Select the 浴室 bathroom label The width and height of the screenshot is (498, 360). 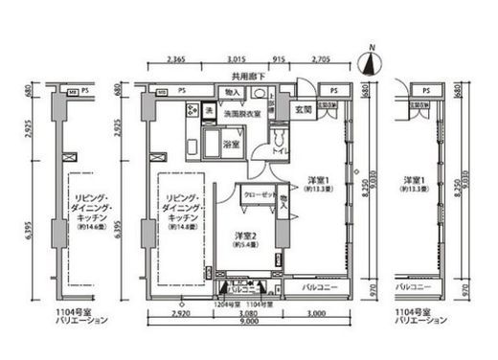[231, 145]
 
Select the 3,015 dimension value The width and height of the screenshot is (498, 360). [235, 59]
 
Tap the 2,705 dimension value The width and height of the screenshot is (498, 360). [323, 59]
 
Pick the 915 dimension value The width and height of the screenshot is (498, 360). [278, 59]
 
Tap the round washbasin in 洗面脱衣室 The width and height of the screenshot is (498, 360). [259, 94]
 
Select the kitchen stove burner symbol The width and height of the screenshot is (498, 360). [192, 108]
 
